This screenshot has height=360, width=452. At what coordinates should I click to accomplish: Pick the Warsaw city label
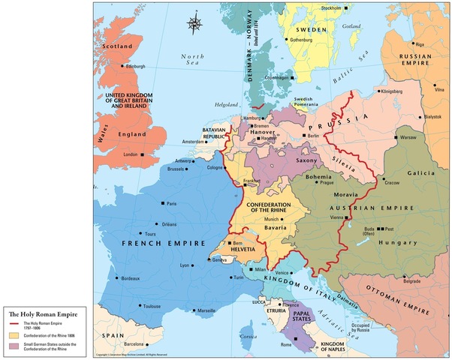click(x=408, y=138)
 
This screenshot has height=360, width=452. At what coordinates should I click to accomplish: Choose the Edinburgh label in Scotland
click(x=135, y=66)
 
